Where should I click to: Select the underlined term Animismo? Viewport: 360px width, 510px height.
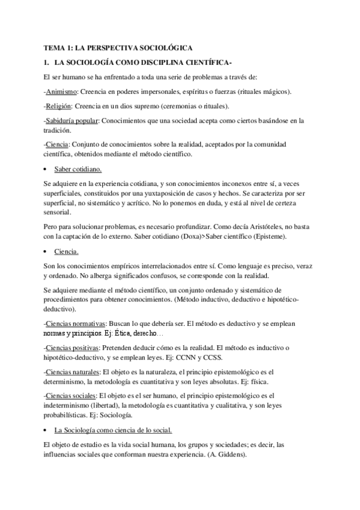tap(61, 91)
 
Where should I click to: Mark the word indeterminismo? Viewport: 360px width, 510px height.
tap(70, 406)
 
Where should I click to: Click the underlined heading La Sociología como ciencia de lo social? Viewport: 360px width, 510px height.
tap(113, 431)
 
